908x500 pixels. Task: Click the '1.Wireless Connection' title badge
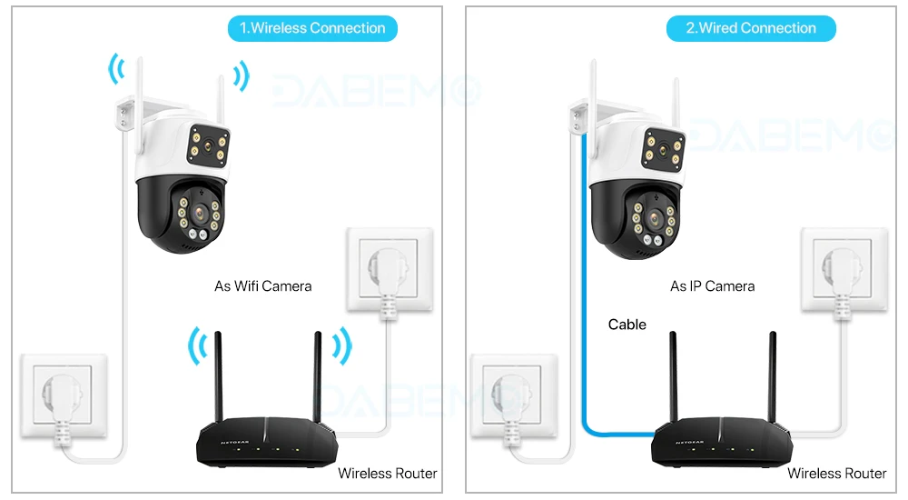[311, 28]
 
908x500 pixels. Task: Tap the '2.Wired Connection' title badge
[751, 28]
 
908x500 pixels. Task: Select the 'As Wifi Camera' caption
[262, 285]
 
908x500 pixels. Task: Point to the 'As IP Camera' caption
[712, 285]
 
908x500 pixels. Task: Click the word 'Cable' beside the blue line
[627, 325]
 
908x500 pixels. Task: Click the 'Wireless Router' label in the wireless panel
[387, 473]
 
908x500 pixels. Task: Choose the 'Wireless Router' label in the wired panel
[836, 473]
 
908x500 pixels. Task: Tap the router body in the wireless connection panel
[258, 443]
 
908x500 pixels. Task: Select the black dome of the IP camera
[635, 218]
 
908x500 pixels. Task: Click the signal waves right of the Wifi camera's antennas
[241, 75]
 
